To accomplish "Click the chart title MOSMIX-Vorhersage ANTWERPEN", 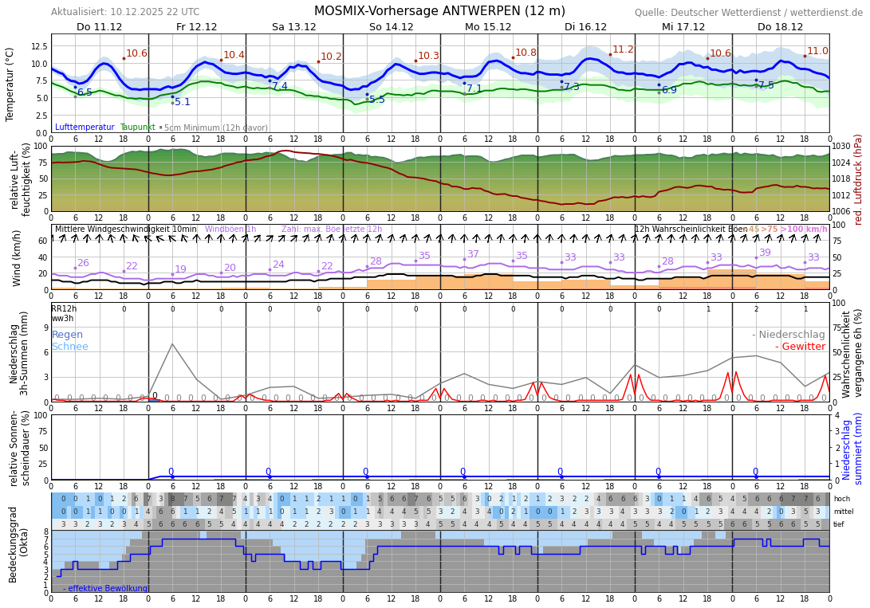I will coord(439,11).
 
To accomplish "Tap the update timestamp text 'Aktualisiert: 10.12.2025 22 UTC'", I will coord(125,12).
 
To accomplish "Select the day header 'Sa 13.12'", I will coord(294,27).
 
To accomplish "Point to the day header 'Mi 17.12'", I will coord(683,27).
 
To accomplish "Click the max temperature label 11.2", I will coord(623,49).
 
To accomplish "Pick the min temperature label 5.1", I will coord(183,102).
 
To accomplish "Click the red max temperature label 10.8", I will coord(526,53).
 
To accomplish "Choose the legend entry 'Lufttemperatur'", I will coord(85,127).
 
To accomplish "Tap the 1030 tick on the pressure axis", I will coord(842,147).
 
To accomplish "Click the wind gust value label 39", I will coord(765,253).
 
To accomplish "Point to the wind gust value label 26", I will coord(83,263).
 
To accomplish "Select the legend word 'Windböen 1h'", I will coord(230,229).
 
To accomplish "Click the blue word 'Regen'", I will coord(67,335).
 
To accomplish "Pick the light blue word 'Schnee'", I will coord(70,347).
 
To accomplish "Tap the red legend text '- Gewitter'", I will coord(800,347).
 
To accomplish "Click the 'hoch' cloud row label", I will coord(842,499).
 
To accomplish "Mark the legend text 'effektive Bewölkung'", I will coord(108,589).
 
